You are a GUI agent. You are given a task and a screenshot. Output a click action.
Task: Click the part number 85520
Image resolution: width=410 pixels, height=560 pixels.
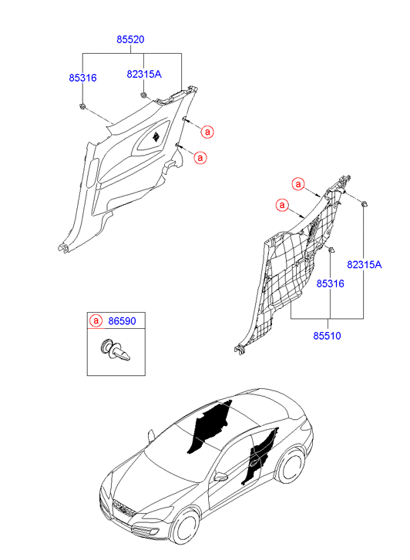pos(130,39)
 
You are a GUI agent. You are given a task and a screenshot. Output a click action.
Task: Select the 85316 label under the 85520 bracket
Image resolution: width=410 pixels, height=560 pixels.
pos(82,78)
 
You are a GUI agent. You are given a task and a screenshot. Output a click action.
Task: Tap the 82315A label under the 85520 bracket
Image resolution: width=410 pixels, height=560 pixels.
pos(144,74)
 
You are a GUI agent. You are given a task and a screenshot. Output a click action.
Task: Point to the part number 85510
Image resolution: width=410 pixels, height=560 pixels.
pos(327,336)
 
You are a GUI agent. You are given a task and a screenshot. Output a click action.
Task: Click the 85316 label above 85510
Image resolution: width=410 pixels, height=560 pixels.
pos(331,283)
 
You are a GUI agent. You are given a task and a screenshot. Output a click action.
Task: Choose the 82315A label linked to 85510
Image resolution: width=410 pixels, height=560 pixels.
pos(365,265)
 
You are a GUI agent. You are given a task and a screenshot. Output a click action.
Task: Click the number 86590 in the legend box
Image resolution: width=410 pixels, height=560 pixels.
pos(122,321)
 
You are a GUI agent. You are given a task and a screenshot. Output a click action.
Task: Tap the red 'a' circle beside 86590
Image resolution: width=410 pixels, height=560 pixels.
pos(96,320)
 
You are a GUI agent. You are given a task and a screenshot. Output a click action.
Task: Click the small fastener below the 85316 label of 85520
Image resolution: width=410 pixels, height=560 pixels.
pos(82,106)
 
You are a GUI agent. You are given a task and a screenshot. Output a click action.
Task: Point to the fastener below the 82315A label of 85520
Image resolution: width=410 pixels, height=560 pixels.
pos(143,95)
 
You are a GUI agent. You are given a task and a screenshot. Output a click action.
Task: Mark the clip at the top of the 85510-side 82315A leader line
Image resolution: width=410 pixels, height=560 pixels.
pos(364,204)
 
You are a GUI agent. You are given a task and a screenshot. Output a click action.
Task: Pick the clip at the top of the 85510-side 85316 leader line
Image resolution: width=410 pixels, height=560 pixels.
pos(331,250)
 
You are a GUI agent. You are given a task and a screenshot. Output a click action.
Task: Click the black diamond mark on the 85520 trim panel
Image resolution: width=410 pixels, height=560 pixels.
pos(156,136)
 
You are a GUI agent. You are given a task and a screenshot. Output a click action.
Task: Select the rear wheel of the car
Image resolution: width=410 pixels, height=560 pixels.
pos(292,467)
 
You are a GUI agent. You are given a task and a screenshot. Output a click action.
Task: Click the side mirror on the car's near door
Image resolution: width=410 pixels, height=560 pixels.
pos(220,477)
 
